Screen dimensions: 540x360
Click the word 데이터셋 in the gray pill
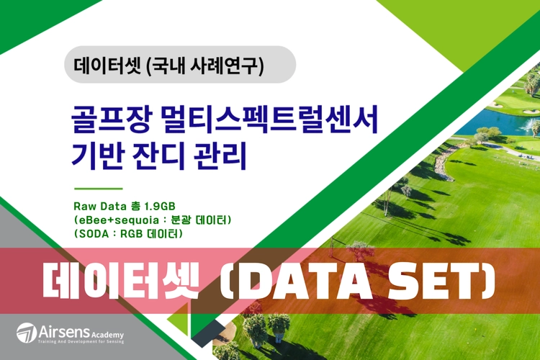107,64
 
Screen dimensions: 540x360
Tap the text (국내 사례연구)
205,65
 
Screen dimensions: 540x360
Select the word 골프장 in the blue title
111,120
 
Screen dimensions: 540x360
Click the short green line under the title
99,189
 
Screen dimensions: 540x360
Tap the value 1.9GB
159,207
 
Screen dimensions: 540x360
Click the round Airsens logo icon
27,333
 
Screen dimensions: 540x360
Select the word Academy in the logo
108,335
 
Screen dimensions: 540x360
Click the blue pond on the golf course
496,123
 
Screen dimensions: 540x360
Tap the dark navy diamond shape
207,333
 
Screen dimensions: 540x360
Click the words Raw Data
100,207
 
